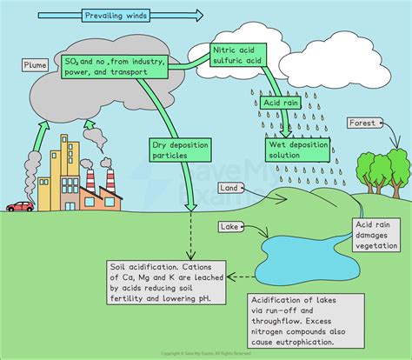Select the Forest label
click(x=362, y=123)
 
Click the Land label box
click(x=229, y=187)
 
